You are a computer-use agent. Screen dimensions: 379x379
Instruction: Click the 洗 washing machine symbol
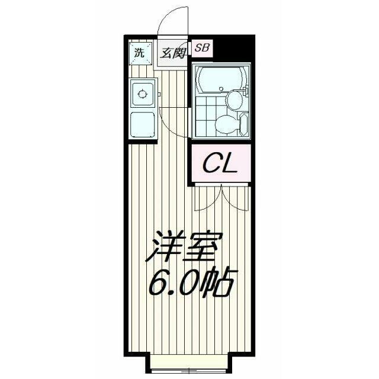click(x=138, y=52)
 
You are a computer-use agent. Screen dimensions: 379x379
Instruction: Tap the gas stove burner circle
click(x=142, y=93)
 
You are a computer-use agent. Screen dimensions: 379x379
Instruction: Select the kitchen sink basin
click(x=142, y=123)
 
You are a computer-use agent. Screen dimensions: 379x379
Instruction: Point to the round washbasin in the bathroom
click(x=235, y=99)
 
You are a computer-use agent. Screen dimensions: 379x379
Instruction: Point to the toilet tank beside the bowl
click(x=243, y=124)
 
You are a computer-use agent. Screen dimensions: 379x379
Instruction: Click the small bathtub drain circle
click(x=221, y=90)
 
